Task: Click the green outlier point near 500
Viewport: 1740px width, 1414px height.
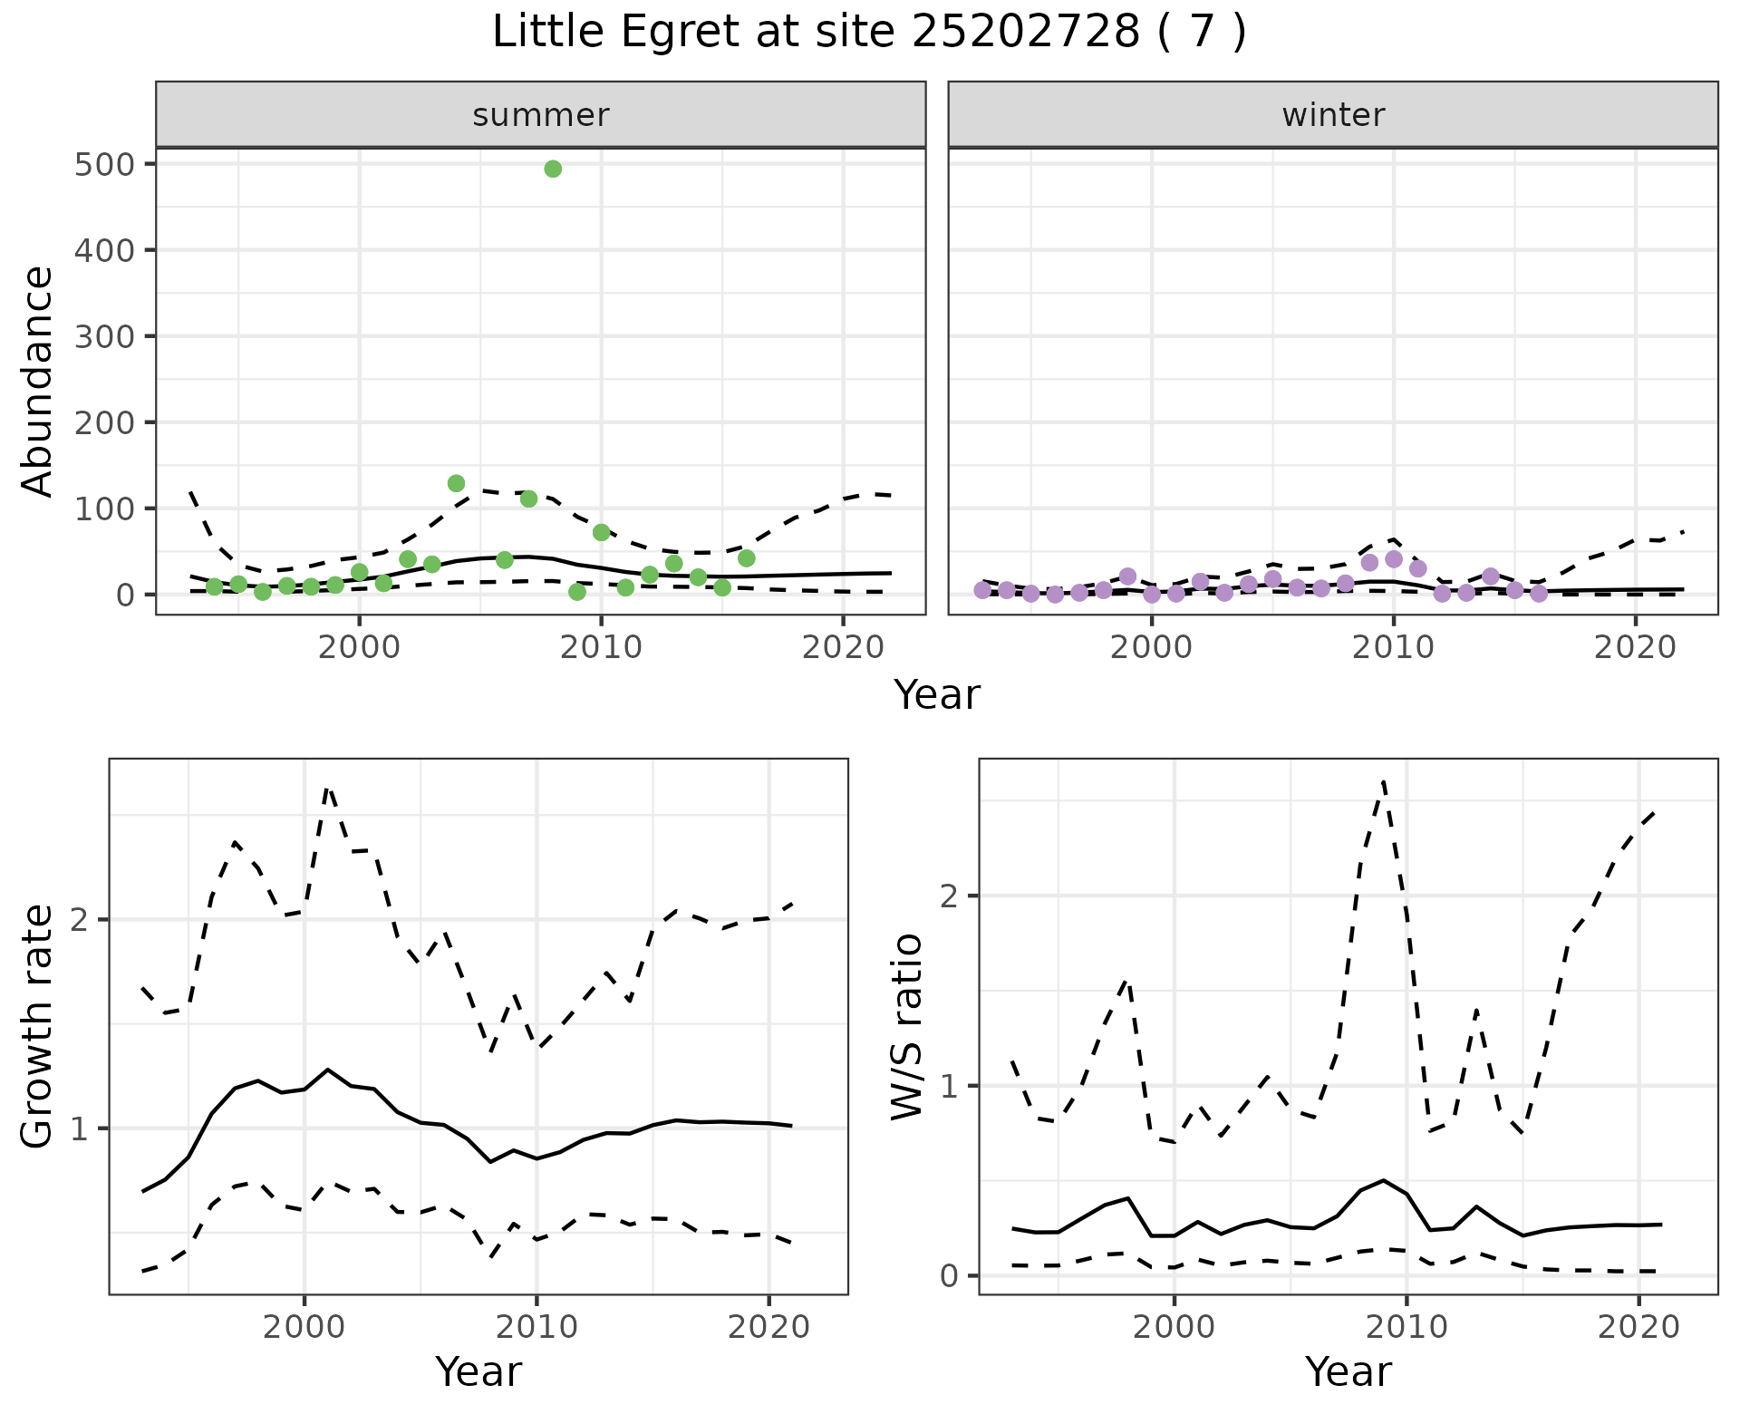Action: click(x=553, y=169)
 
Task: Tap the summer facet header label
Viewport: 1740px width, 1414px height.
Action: click(x=541, y=115)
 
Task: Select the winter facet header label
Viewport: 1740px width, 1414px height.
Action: click(x=1333, y=115)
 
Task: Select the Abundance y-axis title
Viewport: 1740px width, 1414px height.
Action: click(x=38, y=381)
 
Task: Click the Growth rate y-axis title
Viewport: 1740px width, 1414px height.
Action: click(x=38, y=1026)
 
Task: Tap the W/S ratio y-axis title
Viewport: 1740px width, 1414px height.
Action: click(x=907, y=1026)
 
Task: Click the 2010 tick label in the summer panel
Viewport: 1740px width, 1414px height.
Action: click(x=601, y=648)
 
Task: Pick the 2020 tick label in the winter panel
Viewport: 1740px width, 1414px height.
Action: click(x=1636, y=648)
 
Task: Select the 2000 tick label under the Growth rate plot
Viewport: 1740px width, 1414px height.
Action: click(x=304, y=1328)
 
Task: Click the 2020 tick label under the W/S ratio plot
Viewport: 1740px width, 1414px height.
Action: click(x=1638, y=1328)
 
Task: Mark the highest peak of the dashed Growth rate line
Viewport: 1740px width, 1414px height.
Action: click(x=328, y=789)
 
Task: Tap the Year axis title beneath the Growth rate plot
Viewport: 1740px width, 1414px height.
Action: click(x=478, y=1371)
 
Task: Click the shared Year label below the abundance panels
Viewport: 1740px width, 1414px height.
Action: click(x=937, y=695)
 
